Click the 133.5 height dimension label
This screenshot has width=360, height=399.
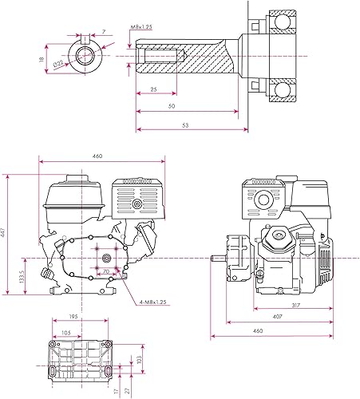[x=22, y=276]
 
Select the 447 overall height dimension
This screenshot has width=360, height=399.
[x=3, y=233]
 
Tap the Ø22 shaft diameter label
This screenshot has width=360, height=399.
[x=58, y=64]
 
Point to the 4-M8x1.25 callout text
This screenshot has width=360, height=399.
[x=153, y=302]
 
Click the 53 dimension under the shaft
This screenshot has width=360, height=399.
[x=185, y=125]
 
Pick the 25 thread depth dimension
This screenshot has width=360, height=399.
[x=153, y=89]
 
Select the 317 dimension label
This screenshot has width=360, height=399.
[x=296, y=305]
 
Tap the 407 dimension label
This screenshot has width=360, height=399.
[x=277, y=317]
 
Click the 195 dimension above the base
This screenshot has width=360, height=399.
[x=73, y=317]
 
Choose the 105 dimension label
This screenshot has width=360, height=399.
[x=66, y=333]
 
